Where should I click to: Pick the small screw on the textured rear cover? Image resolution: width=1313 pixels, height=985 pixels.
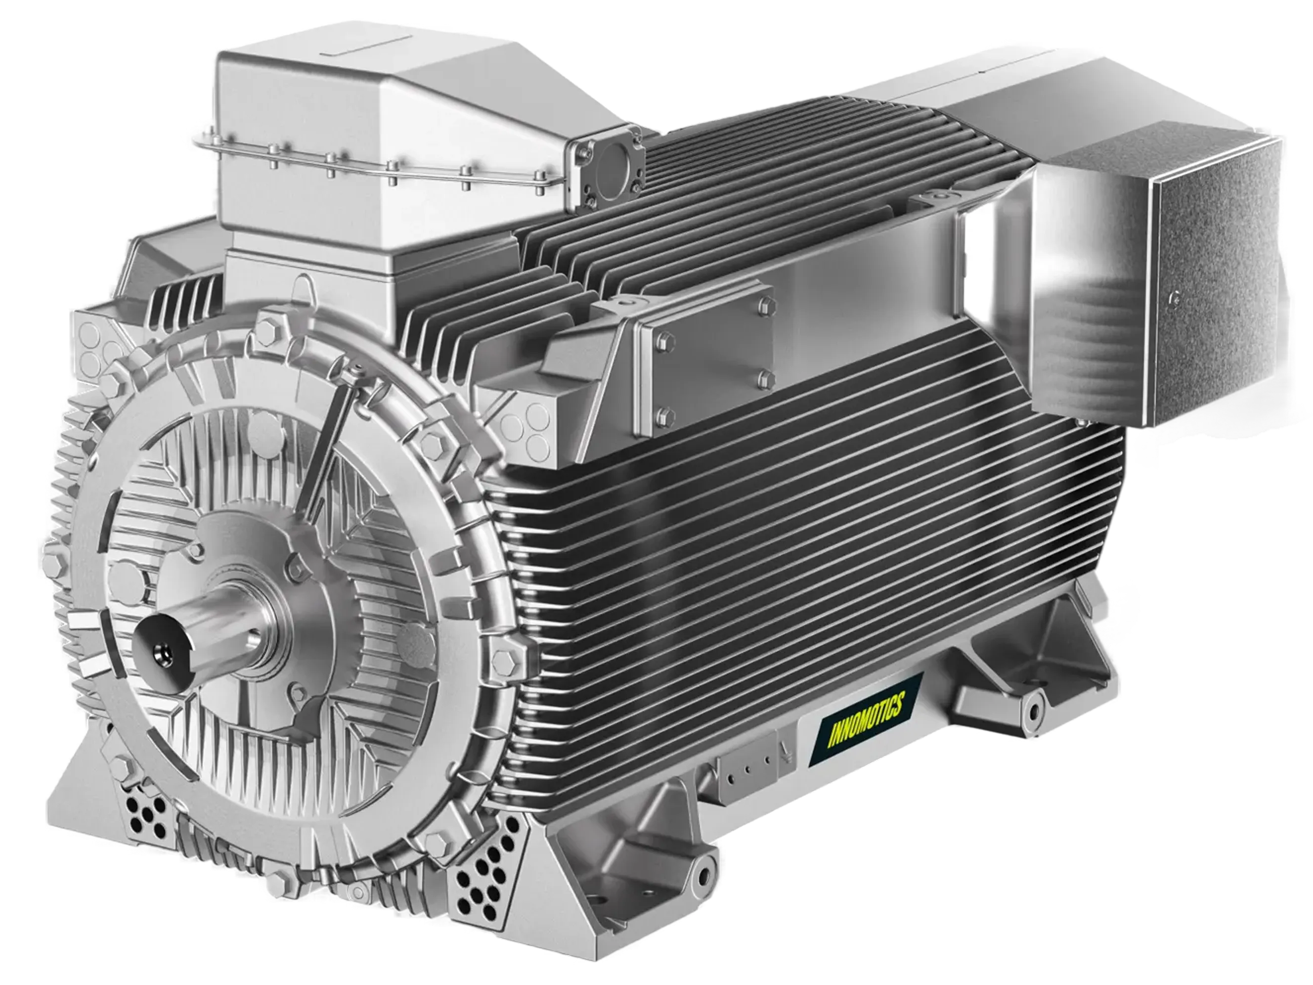coord(1171,299)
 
